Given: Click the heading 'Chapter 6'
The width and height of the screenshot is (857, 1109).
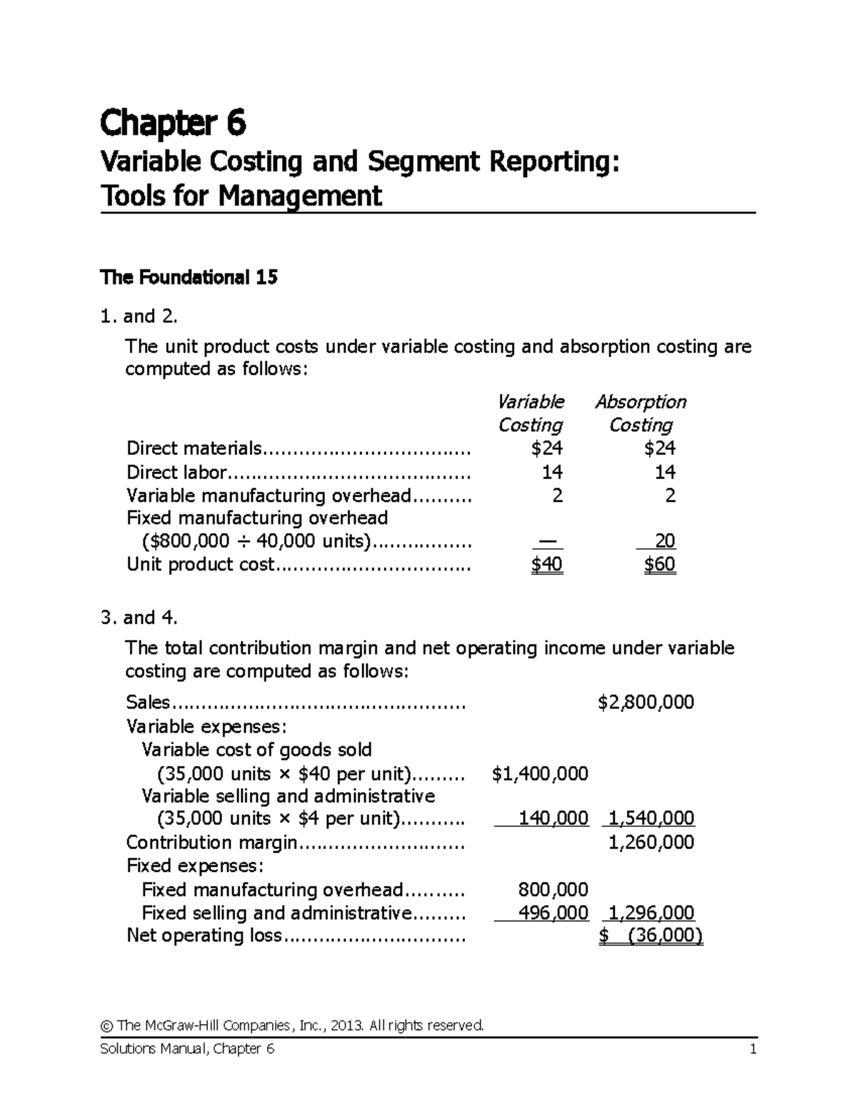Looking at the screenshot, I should [173, 124].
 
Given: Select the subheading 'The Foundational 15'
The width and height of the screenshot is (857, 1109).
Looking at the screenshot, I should [189, 277].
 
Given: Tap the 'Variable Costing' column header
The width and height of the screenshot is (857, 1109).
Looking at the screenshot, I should [530, 413].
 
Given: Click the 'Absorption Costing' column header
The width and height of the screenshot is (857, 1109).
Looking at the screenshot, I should [641, 413].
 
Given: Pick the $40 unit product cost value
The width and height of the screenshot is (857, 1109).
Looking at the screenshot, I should [547, 565].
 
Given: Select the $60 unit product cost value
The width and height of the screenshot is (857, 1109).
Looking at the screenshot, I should [659, 565].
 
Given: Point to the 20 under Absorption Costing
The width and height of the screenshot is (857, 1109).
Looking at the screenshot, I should [664, 541].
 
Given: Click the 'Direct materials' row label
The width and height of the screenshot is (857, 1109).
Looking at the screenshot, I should [194, 448].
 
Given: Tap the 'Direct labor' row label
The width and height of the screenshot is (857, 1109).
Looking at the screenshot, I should [176, 472].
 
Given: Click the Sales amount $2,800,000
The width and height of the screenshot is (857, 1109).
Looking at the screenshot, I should [646, 702].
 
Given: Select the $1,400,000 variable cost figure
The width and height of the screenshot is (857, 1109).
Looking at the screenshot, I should [540, 773].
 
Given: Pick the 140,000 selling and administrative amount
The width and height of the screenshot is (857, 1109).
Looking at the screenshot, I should [553, 818].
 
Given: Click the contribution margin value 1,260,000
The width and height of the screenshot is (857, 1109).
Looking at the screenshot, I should [651, 843].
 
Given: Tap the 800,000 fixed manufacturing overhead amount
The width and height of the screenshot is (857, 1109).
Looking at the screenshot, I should [553, 889].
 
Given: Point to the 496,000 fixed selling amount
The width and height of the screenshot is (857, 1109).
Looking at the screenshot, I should [553, 913].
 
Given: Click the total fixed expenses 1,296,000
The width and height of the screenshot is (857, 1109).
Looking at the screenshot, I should [651, 913].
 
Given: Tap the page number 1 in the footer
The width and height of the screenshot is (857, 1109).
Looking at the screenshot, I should [753, 1049].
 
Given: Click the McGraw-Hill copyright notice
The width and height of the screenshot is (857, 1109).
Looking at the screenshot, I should [293, 1025].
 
